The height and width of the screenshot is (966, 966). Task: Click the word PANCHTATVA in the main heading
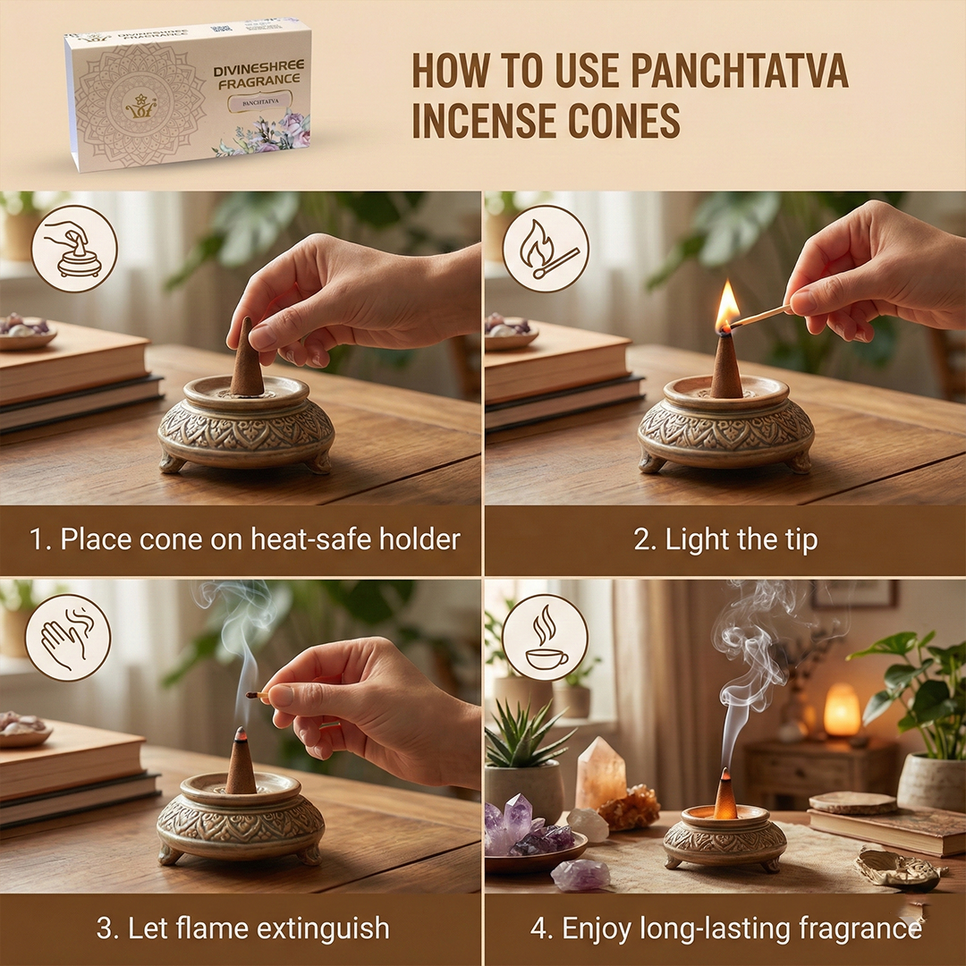(x=740, y=72)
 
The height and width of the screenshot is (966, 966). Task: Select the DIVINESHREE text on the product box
(x=258, y=68)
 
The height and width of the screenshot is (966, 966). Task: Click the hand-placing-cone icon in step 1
(x=74, y=249)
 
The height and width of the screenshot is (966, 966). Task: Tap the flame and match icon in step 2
(x=546, y=249)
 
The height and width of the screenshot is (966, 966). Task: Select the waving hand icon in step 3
(x=68, y=637)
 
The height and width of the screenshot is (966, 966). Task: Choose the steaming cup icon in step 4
(x=546, y=637)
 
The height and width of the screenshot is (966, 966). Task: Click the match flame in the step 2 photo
(x=728, y=304)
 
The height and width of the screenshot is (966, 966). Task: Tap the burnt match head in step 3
(x=250, y=695)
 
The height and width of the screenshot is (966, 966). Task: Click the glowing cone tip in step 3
(x=241, y=733)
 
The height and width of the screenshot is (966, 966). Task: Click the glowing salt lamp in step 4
(x=842, y=709)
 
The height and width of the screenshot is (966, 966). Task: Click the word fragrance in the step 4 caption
(x=860, y=928)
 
